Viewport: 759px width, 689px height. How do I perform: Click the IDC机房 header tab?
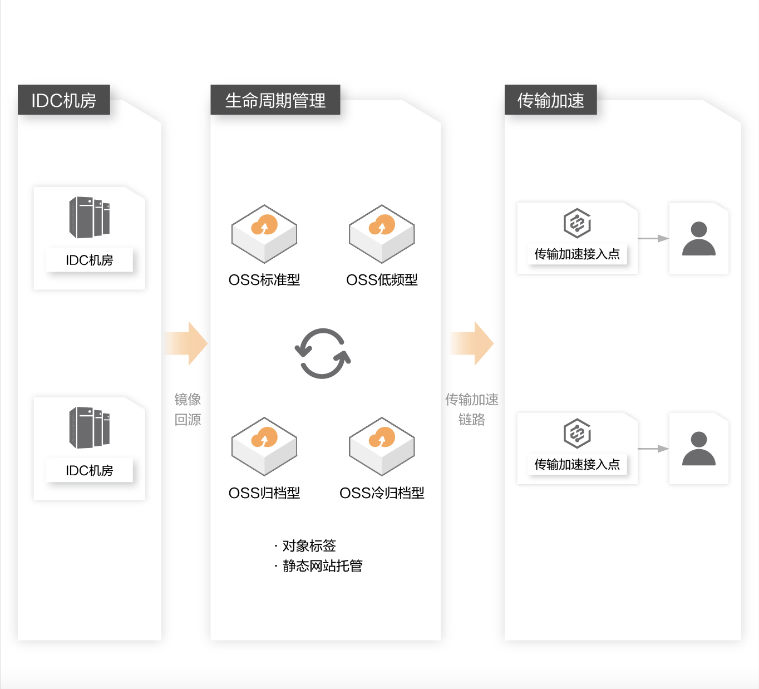pos(63,100)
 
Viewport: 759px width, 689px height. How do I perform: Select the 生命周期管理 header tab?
pos(275,100)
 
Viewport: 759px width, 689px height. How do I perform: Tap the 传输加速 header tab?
pos(550,100)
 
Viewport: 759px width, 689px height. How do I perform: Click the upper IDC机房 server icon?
pos(89,217)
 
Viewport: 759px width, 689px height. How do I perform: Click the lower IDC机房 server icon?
pos(89,427)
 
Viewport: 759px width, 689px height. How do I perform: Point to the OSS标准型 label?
pos(264,280)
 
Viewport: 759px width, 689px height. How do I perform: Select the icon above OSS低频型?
pos(382,233)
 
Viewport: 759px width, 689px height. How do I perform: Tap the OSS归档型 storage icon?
pos(264,446)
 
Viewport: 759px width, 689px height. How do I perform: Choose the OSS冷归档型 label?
pos(382,493)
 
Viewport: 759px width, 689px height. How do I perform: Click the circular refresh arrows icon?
pos(323,353)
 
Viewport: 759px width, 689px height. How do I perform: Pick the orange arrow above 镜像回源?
pos(187,343)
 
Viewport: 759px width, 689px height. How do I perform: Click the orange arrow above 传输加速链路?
pos(472,343)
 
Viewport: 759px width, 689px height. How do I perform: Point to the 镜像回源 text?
pos(188,409)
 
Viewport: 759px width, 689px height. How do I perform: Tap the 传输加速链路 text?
pos(472,409)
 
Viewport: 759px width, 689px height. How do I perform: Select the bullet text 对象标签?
pos(309,545)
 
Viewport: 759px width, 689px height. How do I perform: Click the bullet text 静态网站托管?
pos(322,566)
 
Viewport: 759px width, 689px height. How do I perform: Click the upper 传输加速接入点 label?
pos(577,254)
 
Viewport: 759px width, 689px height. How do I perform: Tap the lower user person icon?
pos(699,448)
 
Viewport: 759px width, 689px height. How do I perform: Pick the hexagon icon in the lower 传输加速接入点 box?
pos(577,433)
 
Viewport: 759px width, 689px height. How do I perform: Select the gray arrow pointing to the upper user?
pos(653,238)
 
